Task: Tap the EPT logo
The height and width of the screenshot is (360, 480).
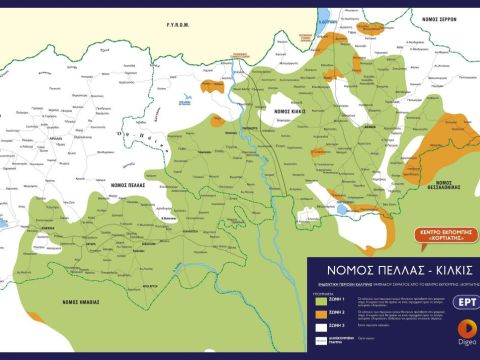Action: [x=464, y=301]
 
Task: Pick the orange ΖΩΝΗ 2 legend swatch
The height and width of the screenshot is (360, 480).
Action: [x=320, y=312]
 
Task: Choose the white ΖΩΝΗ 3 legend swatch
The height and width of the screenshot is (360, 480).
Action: [x=320, y=325]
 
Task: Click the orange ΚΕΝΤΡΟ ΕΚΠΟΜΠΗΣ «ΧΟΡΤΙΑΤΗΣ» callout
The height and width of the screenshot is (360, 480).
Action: [x=441, y=240]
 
